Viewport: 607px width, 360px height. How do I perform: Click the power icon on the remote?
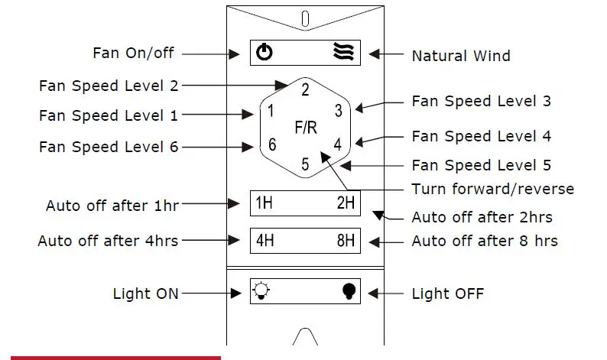(x=264, y=53)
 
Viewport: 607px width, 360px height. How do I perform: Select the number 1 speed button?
(x=270, y=112)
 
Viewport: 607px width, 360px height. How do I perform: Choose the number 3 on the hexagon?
(x=338, y=110)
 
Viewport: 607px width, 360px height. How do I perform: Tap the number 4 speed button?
(x=337, y=144)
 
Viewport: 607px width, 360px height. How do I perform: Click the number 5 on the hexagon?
(x=304, y=164)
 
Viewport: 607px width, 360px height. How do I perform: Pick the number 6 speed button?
(x=271, y=144)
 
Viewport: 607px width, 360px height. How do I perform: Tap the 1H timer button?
(x=264, y=203)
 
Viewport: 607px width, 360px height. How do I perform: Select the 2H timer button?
(x=345, y=203)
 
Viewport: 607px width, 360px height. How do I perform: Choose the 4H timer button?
(x=265, y=241)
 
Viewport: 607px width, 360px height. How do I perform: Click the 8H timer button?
(x=345, y=241)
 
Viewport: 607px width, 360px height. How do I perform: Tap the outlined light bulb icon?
(x=262, y=291)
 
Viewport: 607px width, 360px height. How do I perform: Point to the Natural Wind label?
(x=460, y=56)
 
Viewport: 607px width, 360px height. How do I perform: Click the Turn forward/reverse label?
(x=492, y=189)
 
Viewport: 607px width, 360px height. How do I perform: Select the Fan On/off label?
(x=133, y=53)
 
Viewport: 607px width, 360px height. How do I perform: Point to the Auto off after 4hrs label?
(x=108, y=241)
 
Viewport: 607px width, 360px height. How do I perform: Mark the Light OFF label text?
(x=447, y=294)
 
